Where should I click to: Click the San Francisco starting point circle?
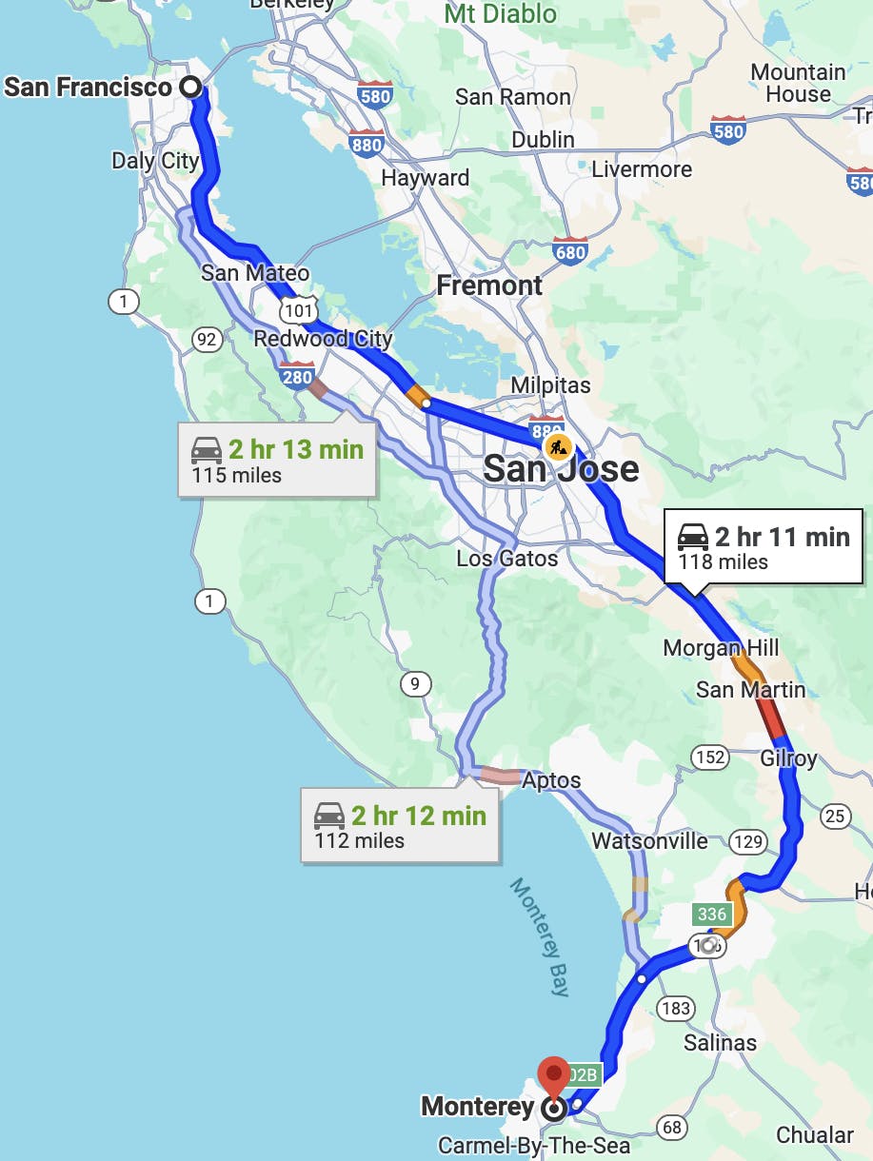click(191, 88)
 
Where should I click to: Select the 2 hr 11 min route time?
click(782, 537)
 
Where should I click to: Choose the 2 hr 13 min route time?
click(295, 449)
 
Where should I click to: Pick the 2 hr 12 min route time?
click(418, 816)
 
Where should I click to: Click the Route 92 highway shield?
click(205, 338)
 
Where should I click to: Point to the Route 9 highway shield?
click(415, 683)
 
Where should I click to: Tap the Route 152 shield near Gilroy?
click(710, 758)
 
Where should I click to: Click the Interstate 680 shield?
click(569, 250)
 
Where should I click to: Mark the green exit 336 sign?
click(711, 915)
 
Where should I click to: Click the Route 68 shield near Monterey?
click(672, 1128)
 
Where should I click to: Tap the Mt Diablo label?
click(501, 14)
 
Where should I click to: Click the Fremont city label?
click(489, 285)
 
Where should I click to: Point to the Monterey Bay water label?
click(540, 936)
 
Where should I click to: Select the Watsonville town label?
click(649, 841)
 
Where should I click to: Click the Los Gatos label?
click(507, 558)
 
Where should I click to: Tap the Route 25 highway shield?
click(835, 816)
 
